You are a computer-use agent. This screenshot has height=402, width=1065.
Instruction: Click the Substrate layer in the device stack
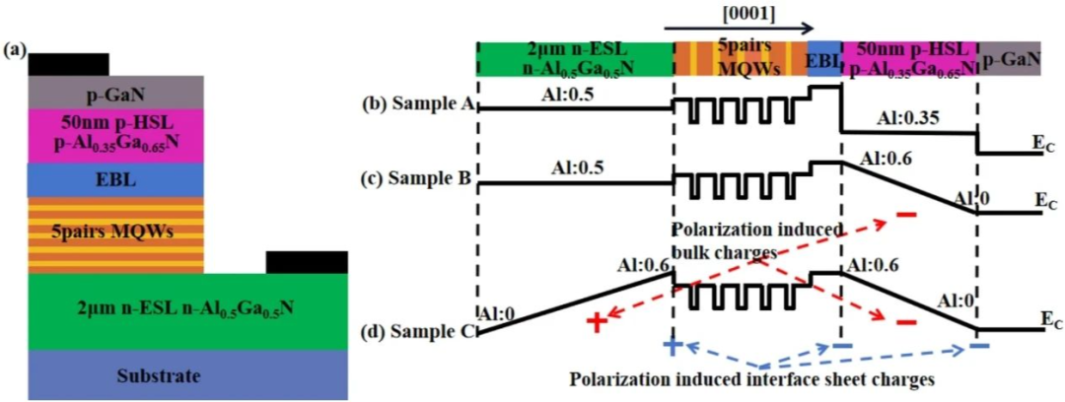(x=187, y=375)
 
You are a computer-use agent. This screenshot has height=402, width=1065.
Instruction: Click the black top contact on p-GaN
(x=68, y=64)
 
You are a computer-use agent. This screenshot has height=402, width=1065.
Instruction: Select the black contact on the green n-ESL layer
(x=307, y=262)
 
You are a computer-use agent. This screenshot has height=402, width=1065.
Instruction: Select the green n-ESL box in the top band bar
(x=574, y=59)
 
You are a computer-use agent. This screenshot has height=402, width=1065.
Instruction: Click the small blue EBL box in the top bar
(x=824, y=59)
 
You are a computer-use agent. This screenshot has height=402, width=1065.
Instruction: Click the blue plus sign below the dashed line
(x=673, y=347)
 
